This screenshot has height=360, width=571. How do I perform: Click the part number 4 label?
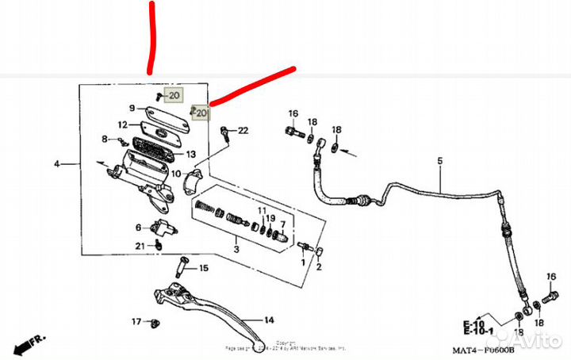click(57, 164)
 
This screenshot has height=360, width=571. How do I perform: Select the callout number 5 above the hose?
click(439, 161)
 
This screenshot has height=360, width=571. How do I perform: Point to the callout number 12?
click(123, 124)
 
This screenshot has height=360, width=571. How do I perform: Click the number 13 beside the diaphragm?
click(190, 154)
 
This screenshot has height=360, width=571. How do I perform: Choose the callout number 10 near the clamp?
click(176, 173)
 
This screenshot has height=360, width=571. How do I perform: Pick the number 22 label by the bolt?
click(243, 130)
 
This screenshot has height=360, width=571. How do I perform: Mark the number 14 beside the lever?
click(269, 320)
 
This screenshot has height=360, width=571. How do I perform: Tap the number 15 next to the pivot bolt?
click(203, 268)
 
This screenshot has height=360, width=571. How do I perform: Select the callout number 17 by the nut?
click(136, 322)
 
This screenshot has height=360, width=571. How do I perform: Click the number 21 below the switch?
click(140, 247)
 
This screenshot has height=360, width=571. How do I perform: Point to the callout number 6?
click(137, 228)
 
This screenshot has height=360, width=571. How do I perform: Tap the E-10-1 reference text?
click(480, 331)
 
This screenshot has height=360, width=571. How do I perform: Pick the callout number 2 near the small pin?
click(319, 267)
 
